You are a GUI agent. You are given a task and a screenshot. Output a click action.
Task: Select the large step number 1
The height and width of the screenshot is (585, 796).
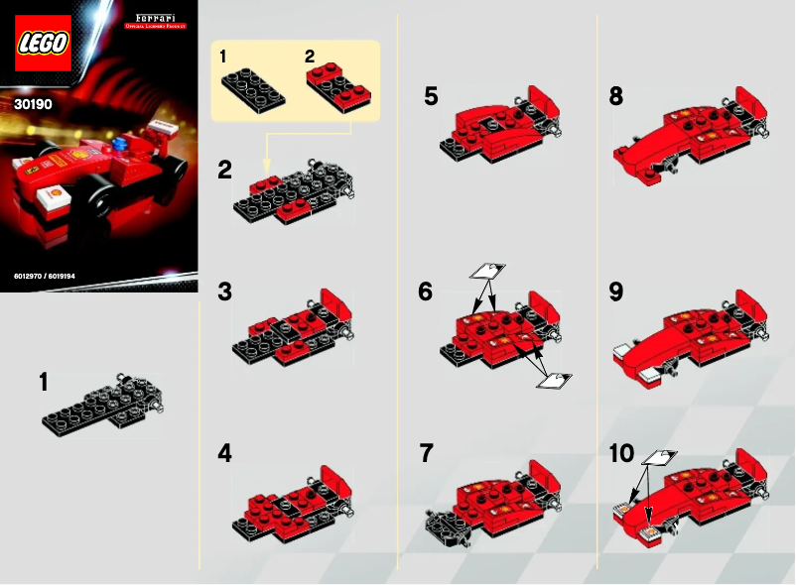click(x=44, y=382)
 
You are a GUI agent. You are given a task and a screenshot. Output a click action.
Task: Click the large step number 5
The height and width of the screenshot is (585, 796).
click(x=430, y=96)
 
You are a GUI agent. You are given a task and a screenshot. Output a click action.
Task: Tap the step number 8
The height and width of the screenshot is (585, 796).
click(x=616, y=96)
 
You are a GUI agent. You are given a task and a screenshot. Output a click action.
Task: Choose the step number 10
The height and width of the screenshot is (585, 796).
click(x=621, y=453)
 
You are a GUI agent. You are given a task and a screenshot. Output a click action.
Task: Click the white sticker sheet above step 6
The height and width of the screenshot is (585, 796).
click(x=486, y=270)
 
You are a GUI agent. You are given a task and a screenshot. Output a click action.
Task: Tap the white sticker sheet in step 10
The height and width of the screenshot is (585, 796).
click(x=659, y=456)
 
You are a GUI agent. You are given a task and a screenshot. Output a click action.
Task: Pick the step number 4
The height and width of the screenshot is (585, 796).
click(x=225, y=453)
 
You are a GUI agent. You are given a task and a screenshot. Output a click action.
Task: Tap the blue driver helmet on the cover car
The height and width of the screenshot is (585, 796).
click(x=121, y=146)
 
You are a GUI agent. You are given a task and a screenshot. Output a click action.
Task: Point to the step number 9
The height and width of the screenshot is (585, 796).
click(x=616, y=292)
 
